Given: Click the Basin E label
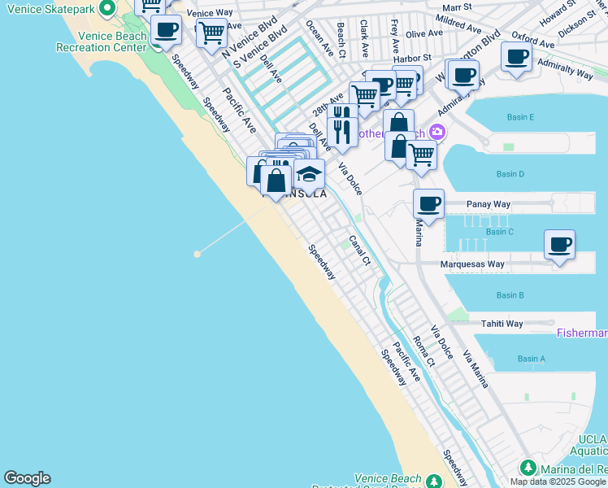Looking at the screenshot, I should pyautogui.click(x=520, y=117).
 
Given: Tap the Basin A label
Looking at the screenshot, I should pyautogui.click(x=531, y=359).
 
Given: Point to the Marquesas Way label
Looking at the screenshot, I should pyautogui.click(x=472, y=264).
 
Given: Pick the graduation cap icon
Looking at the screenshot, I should pyautogui.click(x=309, y=174).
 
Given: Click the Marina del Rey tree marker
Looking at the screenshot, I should pyautogui.click(x=528, y=468).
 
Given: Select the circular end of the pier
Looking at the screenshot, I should pyautogui.click(x=197, y=254).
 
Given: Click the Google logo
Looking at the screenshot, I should pyautogui.click(x=27, y=478).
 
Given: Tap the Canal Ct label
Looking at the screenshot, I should pyautogui.click(x=359, y=251).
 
